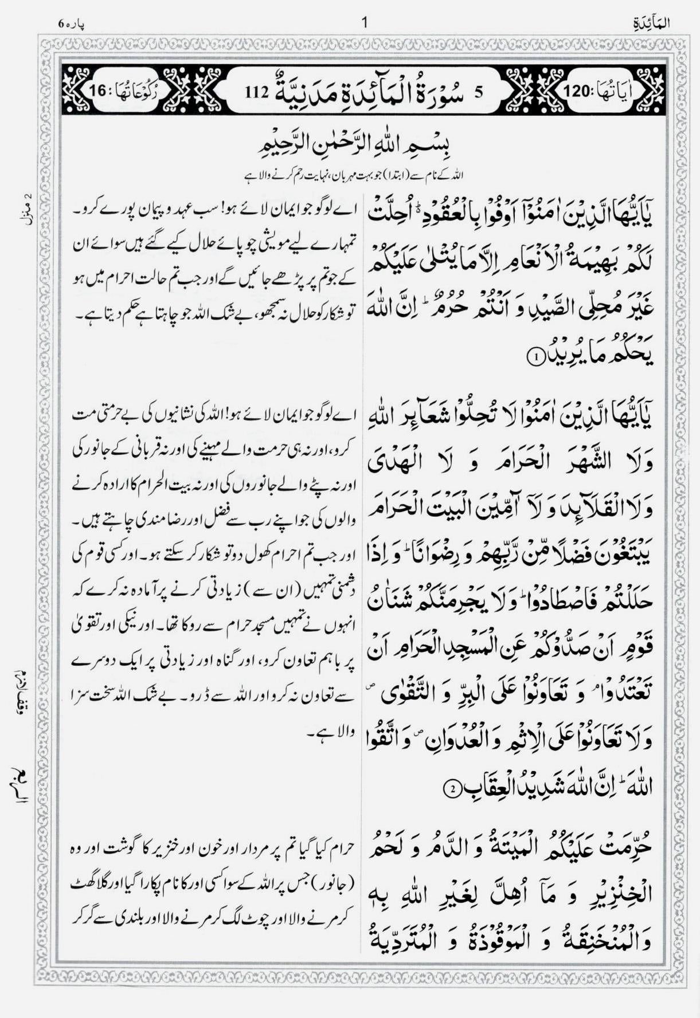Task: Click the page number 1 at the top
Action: [x=365, y=23]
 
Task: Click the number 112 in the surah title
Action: [x=256, y=91]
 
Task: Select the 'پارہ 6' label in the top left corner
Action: [x=71, y=23]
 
